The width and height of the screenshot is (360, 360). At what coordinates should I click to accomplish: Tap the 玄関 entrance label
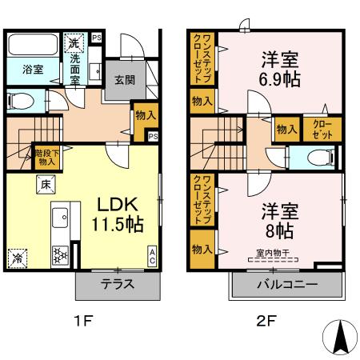123,79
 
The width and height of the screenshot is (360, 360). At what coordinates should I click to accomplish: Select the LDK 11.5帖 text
120,214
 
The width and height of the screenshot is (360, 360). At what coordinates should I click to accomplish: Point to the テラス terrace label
117,284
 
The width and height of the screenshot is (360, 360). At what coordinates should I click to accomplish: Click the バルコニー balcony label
286,284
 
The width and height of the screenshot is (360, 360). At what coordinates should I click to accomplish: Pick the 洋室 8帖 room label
279,222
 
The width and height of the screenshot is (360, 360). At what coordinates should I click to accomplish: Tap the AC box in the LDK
152,256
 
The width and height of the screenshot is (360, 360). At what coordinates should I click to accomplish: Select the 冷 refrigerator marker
18,258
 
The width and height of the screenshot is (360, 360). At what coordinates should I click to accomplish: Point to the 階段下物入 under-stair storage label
45,157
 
